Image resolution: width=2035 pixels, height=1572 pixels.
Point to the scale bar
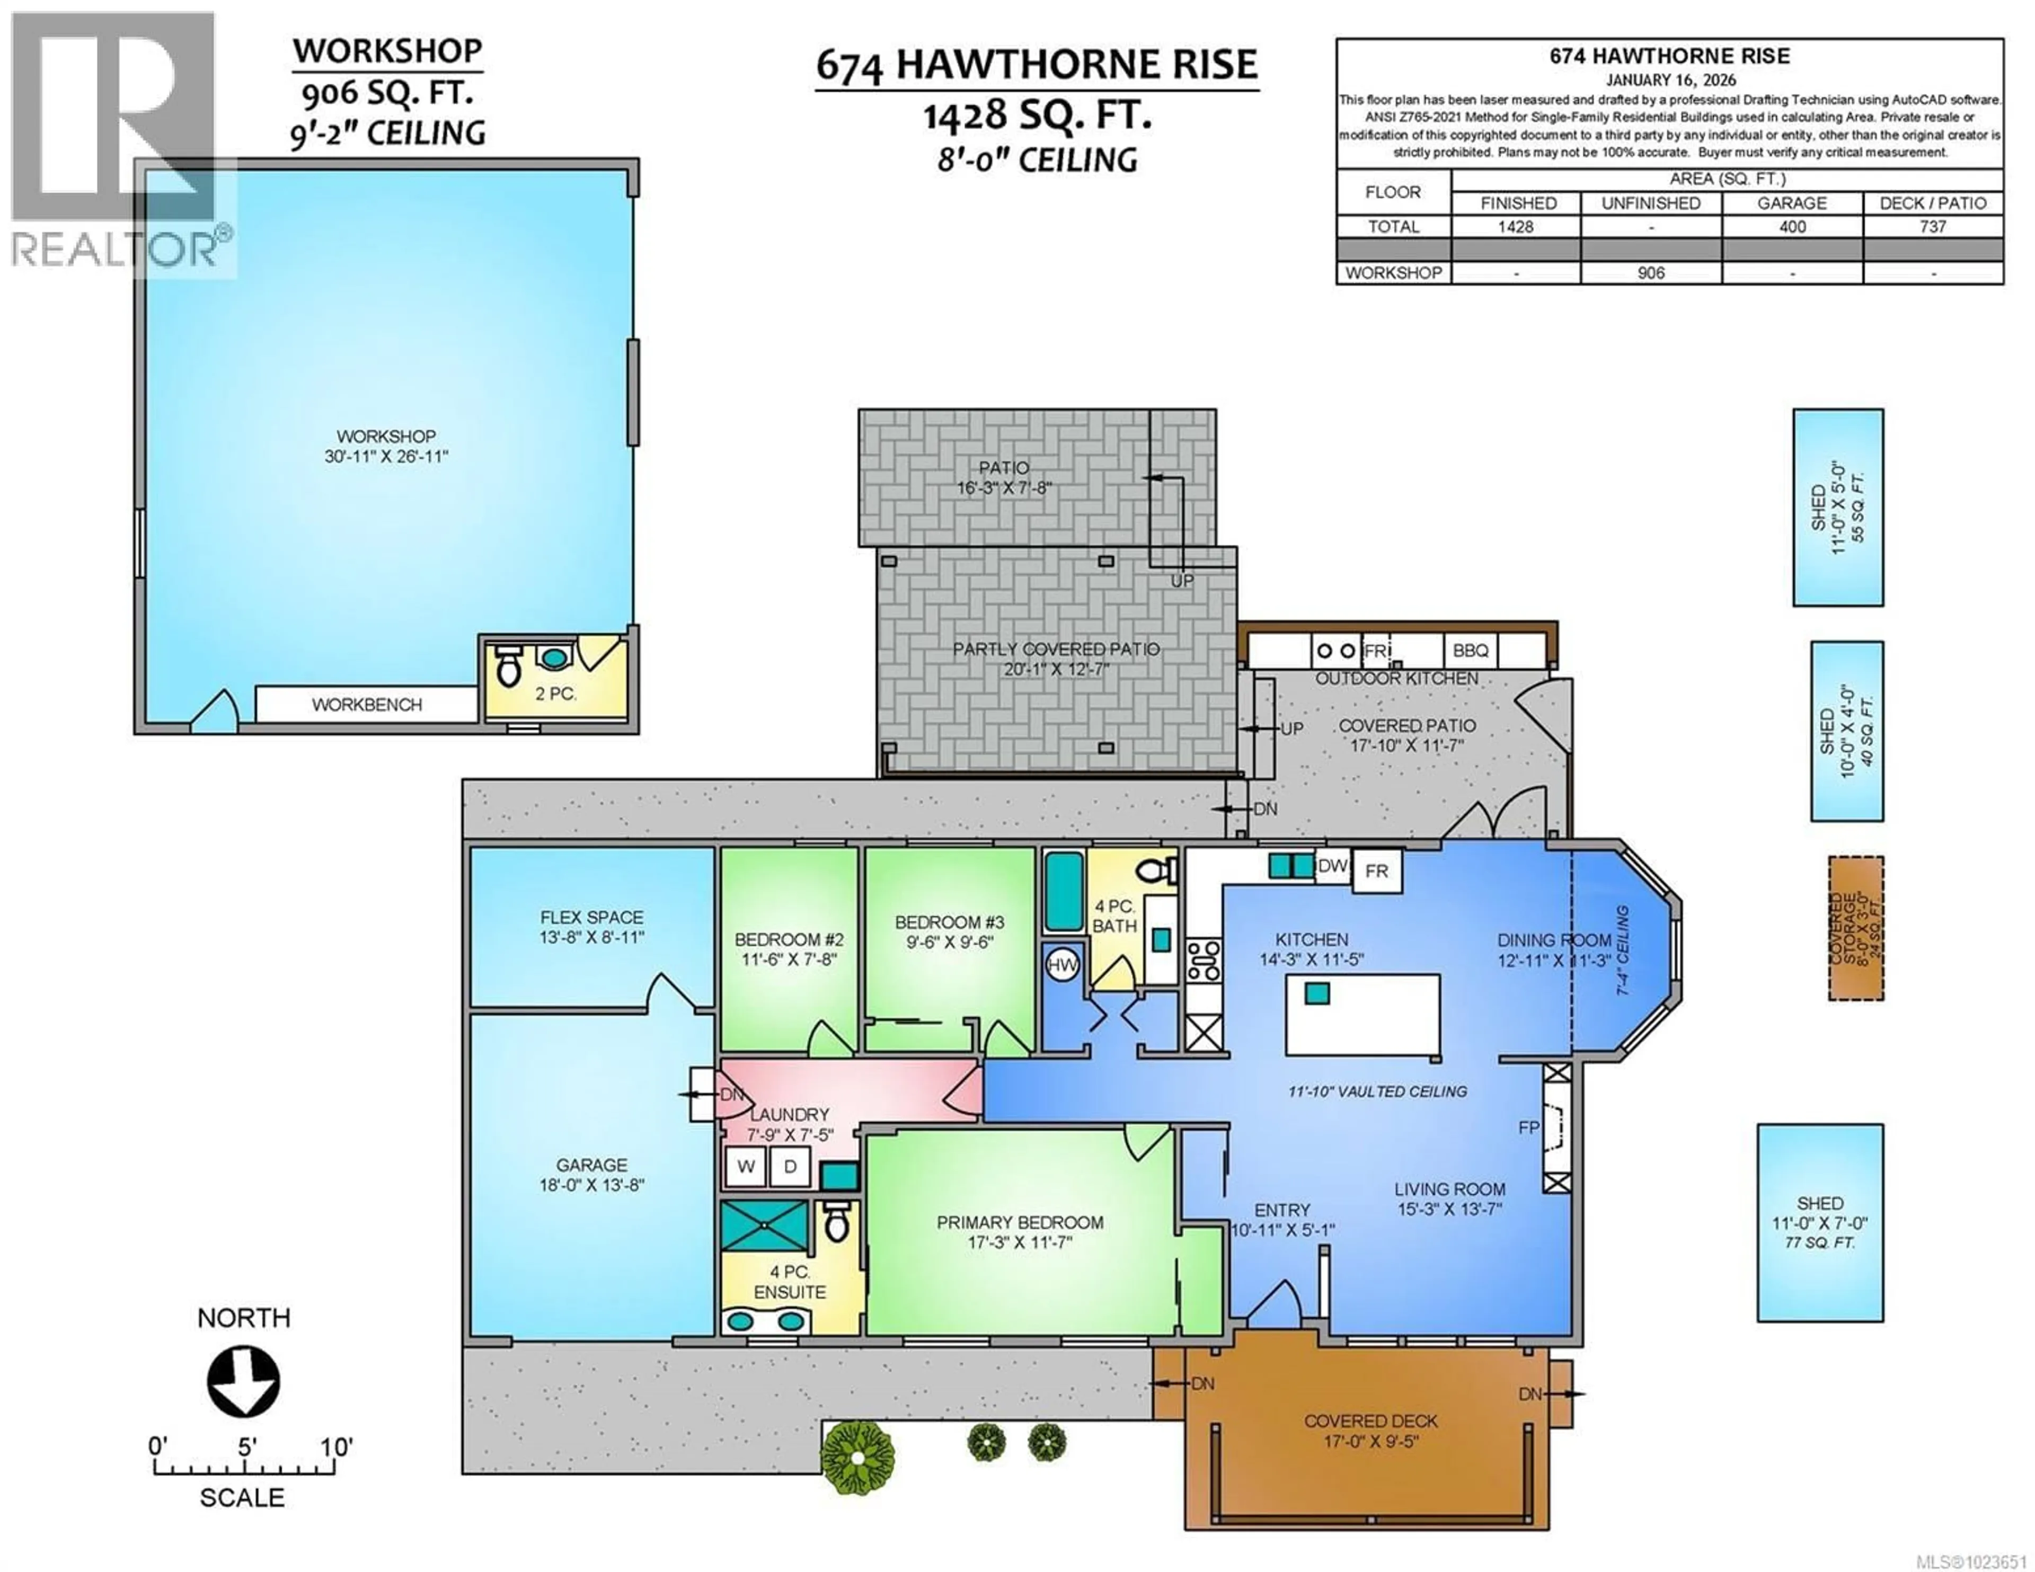tap(244, 1470)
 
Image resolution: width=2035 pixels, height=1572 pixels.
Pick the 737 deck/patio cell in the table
tap(1933, 226)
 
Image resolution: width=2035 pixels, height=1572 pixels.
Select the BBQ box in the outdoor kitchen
tap(1471, 651)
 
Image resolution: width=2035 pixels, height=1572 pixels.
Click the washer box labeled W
tap(746, 1166)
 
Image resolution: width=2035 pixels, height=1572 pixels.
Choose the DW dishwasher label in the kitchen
tap(1332, 866)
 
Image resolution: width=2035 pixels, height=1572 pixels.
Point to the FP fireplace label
tap(1528, 1127)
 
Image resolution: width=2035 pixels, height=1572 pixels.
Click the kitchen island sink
tap(1316, 993)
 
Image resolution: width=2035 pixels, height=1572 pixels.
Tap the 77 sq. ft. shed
tap(1820, 1222)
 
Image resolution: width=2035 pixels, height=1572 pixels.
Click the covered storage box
tap(1855, 928)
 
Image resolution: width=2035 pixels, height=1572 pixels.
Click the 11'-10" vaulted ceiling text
tap(1377, 1091)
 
